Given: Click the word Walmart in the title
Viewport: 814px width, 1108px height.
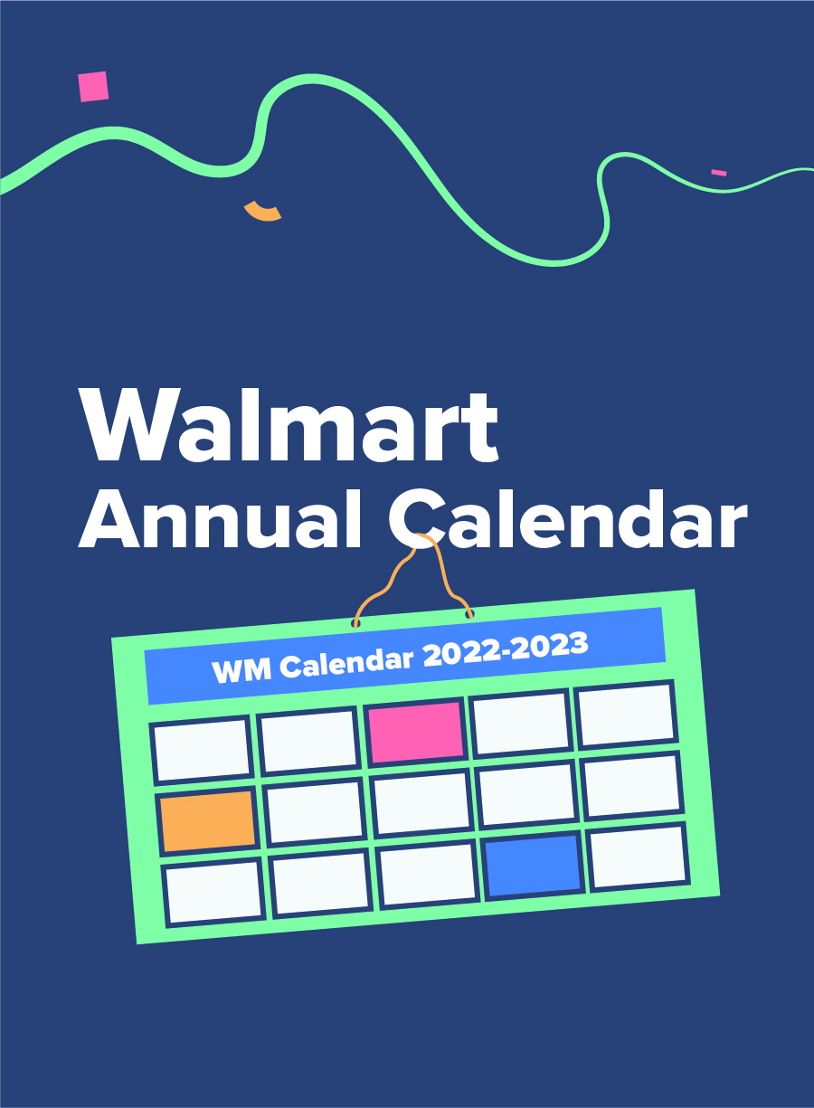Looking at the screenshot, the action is pyautogui.click(x=289, y=425).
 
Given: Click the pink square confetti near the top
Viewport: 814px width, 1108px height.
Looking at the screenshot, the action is pyautogui.click(x=93, y=87).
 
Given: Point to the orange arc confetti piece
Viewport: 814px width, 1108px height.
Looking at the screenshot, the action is pyautogui.click(x=262, y=213).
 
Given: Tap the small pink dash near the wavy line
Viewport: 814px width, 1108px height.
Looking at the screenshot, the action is pyautogui.click(x=719, y=173).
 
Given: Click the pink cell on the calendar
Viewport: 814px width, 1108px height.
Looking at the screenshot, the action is pyautogui.click(x=417, y=733).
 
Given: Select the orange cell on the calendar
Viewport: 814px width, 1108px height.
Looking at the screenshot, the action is pyautogui.click(x=208, y=821).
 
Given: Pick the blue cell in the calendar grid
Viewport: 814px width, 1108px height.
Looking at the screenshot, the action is pyautogui.click(x=533, y=866).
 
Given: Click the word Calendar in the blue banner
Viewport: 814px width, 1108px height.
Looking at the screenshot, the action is pyautogui.click(x=346, y=663).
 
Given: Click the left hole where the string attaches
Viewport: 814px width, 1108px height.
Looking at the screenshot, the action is pyautogui.click(x=355, y=623).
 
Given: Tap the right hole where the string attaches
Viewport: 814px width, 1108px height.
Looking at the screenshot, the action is pyautogui.click(x=469, y=614).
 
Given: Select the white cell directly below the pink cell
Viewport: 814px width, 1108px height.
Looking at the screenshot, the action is pyautogui.click(x=421, y=804).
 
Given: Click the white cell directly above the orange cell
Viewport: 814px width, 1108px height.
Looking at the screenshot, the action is pyautogui.click(x=202, y=751).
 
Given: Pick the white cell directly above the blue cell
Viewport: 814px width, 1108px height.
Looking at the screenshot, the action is pyautogui.click(x=526, y=794).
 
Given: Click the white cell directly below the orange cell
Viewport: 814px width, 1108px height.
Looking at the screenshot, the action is pyautogui.click(x=213, y=893).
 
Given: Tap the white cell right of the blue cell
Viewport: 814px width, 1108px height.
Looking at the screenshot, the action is pyautogui.click(x=638, y=857).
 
